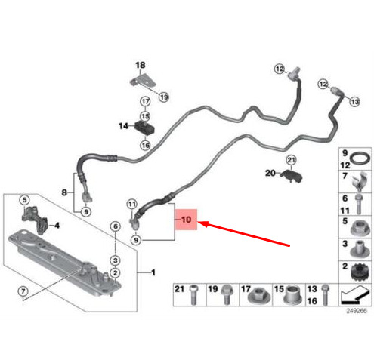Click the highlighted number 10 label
coord(187,220)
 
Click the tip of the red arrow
coord(198,222)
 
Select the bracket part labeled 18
coord(143,80)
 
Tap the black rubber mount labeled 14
coord(144,128)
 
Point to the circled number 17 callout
coord(145,102)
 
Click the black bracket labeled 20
coord(292,176)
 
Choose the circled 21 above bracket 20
coord(291,160)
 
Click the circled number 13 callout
coord(354,102)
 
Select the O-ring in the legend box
coord(361,159)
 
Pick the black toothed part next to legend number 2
coord(360,272)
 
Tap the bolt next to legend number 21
coord(193,294)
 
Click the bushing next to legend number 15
coord(293,294)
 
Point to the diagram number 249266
coord(356,311)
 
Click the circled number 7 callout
coord(23,291)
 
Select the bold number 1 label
coord(153,272)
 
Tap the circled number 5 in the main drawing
coord(24,200)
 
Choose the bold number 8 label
coord(64,192)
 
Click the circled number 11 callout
coord(132,204)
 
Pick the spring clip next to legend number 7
coord(360,180)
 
